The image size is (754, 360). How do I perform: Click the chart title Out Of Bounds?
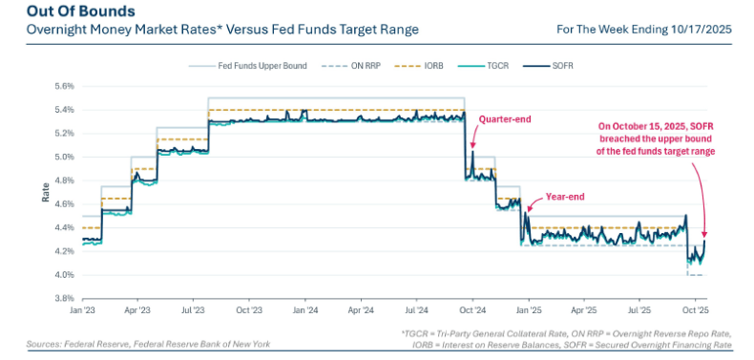pyautogui.click(x=81, y=11)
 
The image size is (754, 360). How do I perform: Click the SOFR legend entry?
pyautogui.click(x=540, y=66)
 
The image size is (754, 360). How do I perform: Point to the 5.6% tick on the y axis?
pyautogui.click(x=65, y=87)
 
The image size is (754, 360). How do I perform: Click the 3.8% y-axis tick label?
pyautogui.click(x=65, y=298)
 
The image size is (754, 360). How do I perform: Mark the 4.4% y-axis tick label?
pyautogui.click(x=65, y=227)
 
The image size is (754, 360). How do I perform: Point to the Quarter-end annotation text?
pyautogui.click(x=504, y=119)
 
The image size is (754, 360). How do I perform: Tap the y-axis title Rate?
pyautogui.click(x=46, y=192)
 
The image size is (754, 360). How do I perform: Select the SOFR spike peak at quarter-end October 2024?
pyautogui.click(x=472, y=152)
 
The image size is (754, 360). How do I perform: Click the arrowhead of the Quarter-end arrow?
pyautogui.click(x=472, y=145)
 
